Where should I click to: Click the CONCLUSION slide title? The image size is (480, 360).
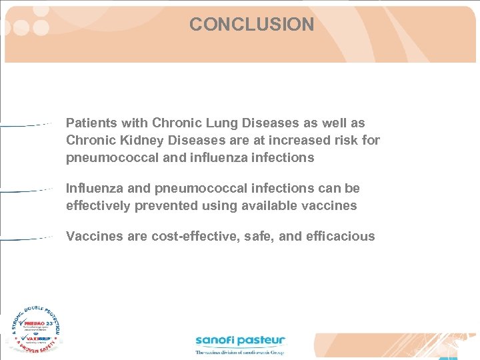click(x=251, y=25)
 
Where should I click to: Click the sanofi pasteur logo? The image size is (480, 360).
click(x=240, y=343)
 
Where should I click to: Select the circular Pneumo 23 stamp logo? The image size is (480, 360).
click(x=36, y=330)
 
